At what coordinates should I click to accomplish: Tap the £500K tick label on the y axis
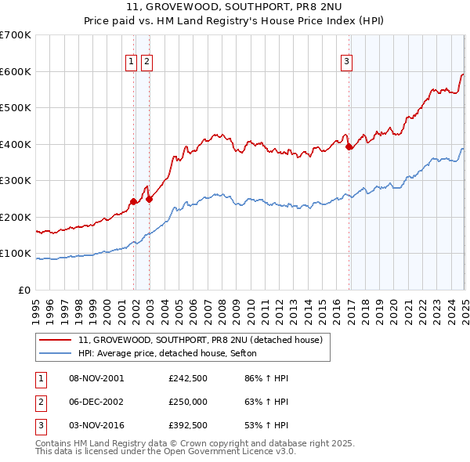[16, 108]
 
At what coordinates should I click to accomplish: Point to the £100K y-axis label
[16, 254]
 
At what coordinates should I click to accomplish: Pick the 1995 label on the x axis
[36, 306]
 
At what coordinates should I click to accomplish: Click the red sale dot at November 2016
[349, 147]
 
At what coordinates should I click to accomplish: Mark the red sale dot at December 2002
[150, 199]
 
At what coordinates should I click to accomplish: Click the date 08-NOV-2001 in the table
[96, 378]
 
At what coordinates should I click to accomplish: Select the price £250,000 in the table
[188, 402]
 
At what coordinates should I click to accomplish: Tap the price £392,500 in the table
[188, 425]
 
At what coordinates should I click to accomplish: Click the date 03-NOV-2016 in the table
[96, 425]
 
